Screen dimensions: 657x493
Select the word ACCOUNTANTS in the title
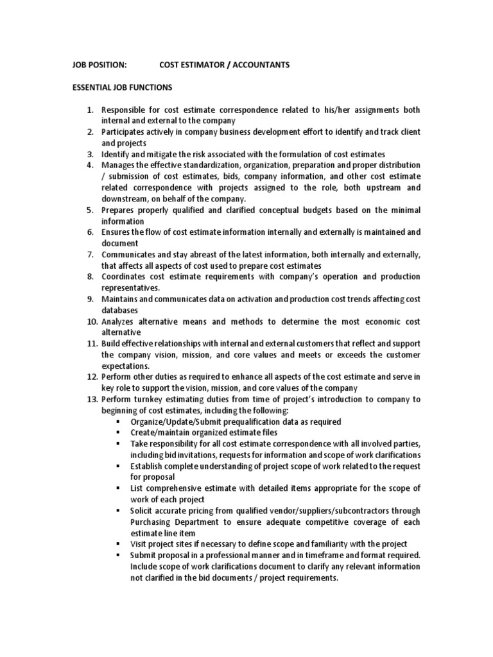click(x=263, y=65)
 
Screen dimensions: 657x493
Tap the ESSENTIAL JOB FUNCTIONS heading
click(x=122, y=87)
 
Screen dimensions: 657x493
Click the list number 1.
click(x=91, y=110)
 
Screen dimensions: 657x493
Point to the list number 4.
click(x=91, y=166)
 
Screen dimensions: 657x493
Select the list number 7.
click(x=91, y=255)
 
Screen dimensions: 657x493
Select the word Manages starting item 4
click(x=119, y=166)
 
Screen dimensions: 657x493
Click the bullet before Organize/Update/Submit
click(x=119, y=422)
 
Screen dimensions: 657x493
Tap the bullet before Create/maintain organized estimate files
click(x=119, y=433)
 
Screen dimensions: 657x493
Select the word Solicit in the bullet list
click(x=143, y=511)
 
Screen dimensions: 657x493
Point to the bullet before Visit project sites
click(x=119, y=544)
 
